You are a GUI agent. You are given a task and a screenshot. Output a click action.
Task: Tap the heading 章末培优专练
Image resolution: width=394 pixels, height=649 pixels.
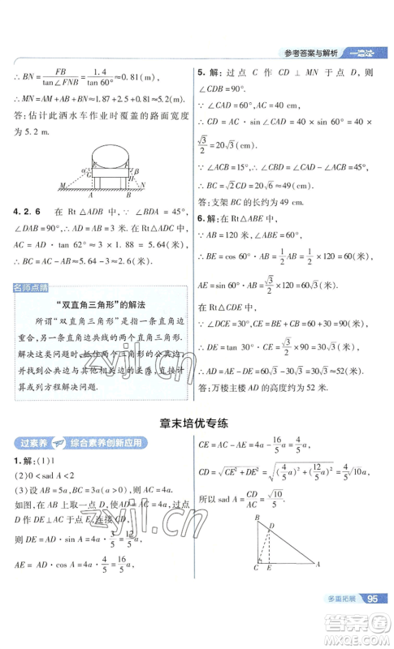pos(196,422)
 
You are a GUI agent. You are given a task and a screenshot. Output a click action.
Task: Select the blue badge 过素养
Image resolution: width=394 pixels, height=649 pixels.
pos(29,442)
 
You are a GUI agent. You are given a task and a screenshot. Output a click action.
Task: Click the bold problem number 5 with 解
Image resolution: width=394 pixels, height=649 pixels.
pos(210,73)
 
